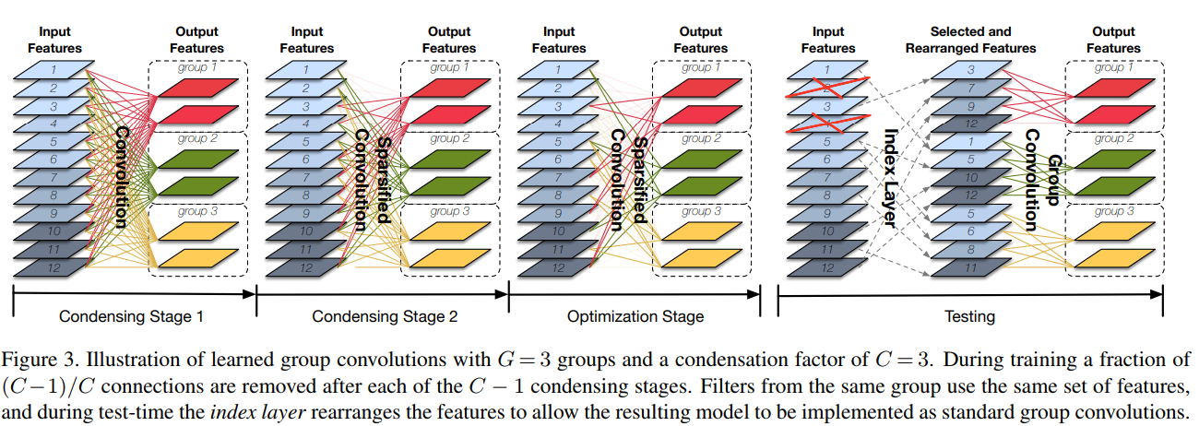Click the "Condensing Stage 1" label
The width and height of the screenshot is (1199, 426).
click(131, 317)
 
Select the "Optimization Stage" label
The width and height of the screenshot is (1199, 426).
click(635, 317)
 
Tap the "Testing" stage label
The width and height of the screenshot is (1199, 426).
click(969, 317)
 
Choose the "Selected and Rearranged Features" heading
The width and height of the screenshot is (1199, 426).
click(970, 40)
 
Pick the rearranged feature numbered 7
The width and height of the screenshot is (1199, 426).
click(970, 89)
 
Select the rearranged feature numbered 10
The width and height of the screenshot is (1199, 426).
click(970, 178)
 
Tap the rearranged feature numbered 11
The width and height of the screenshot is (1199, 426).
click(970, 267)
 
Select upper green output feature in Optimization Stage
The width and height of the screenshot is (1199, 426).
click(700, 160)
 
